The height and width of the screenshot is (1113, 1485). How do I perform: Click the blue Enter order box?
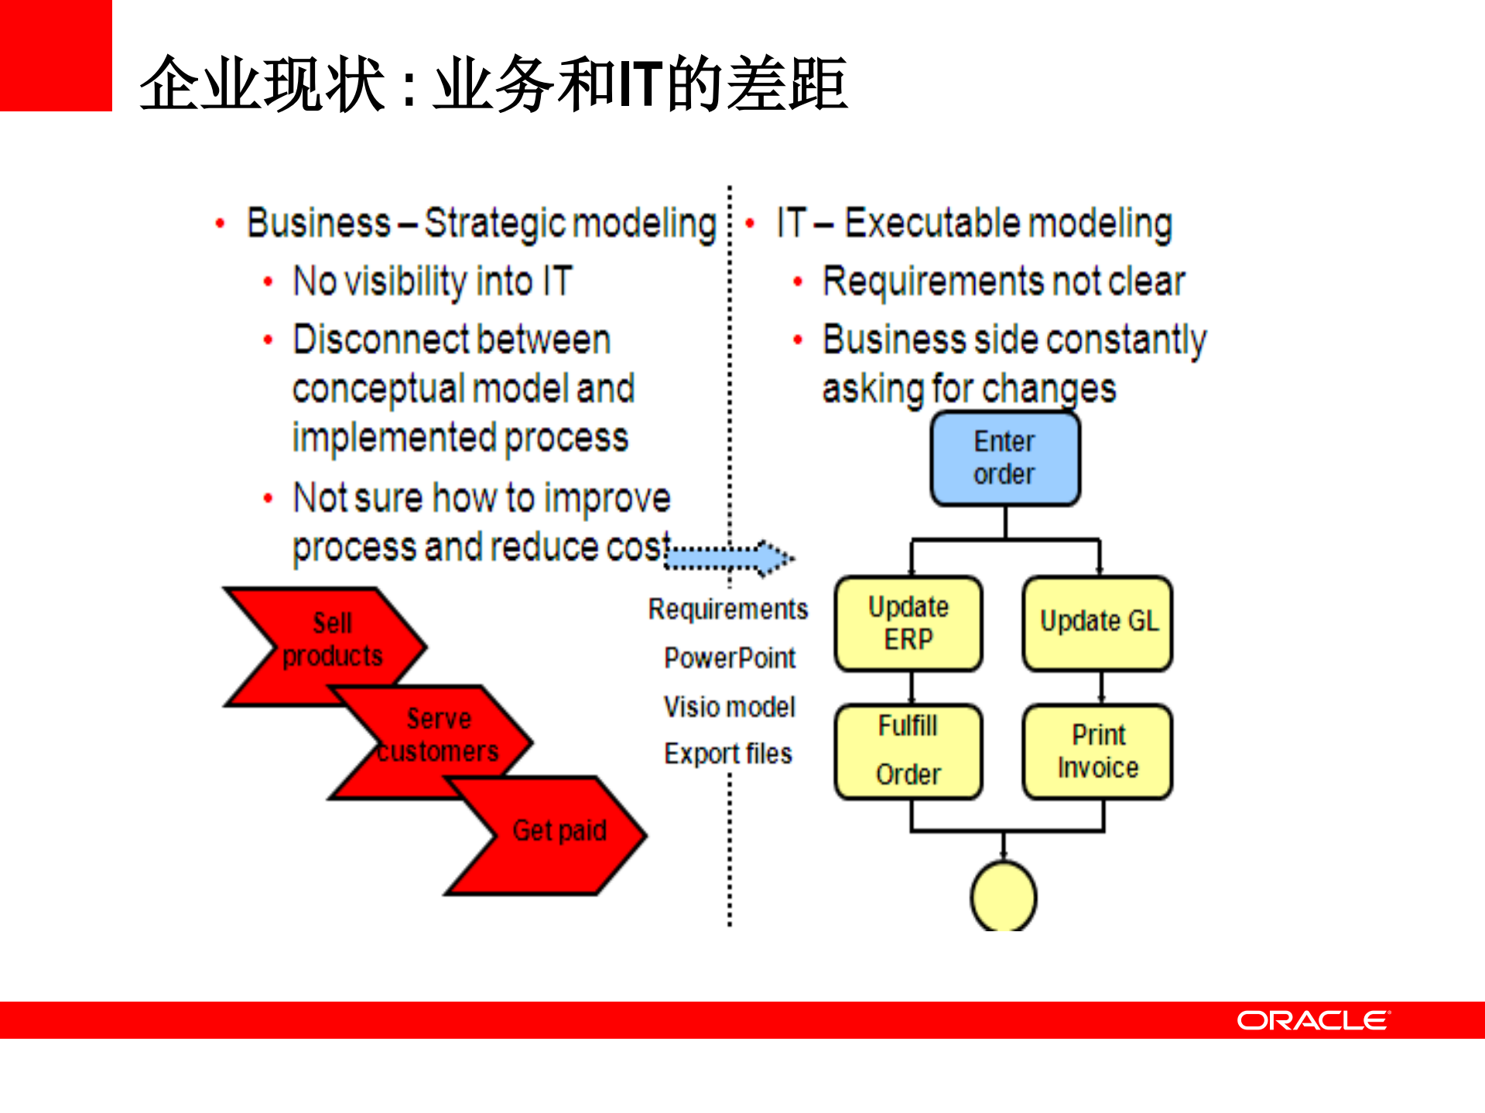click(x=1004, y=459)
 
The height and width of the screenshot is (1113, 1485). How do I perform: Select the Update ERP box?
click(x=908, y=623)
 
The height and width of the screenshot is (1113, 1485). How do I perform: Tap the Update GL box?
click(x=1097, y=623)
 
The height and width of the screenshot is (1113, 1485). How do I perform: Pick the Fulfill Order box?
click(x=908, y=751)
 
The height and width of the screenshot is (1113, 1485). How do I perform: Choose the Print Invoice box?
click(x=1097, y=751)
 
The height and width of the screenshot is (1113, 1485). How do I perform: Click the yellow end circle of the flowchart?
click(x=1003, y=897)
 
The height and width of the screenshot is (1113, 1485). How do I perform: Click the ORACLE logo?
click(x=1313, y=1020)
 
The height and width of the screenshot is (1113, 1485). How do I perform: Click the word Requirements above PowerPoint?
click(x=727, y=609)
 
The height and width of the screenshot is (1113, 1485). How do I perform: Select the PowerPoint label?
click(x=730, y=658)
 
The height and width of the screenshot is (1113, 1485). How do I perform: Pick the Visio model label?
click(x=729, y=707)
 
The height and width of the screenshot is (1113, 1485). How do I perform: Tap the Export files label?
click(x=728, y=754)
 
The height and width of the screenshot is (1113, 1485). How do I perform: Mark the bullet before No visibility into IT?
click(x=268, y=282)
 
